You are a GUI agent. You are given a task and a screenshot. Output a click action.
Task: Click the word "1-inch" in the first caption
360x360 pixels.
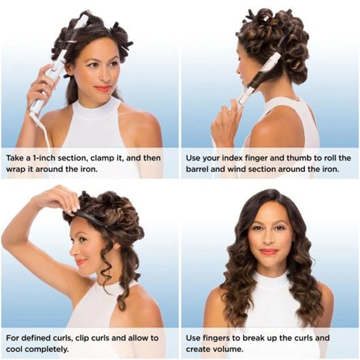[43, 158]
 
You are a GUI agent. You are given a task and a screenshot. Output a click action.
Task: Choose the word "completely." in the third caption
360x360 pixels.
[38, 350]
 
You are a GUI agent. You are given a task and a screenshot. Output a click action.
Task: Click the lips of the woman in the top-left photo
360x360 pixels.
[103, 88]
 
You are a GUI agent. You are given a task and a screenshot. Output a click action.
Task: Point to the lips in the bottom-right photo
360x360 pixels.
[268, 252]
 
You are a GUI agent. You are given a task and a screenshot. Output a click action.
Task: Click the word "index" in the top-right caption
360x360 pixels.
[230, 158]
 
